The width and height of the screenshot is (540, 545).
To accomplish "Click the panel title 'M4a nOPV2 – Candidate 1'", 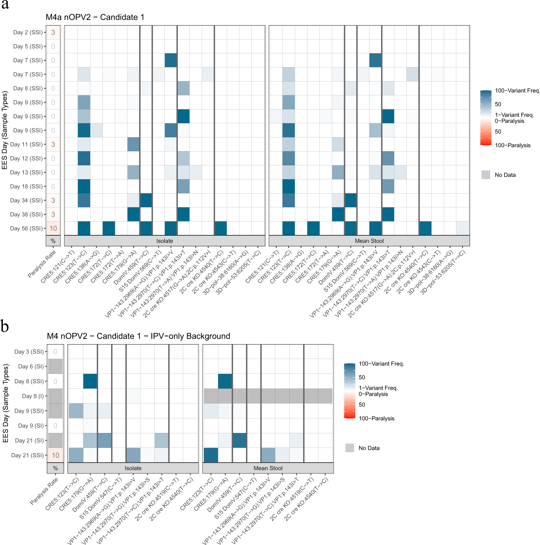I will pyautogui.click(x=95, y=17).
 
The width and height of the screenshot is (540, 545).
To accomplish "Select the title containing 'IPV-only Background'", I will pyautogui.click(x=138, y=336).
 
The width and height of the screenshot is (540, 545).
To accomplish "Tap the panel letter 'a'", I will pyautogui.click(x=5, y=5).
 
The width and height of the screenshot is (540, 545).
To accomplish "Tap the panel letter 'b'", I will pyautogui.click(x=5, y=326).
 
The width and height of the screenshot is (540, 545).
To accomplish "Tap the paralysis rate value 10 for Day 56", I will pyautogui.click(x=53, y=228).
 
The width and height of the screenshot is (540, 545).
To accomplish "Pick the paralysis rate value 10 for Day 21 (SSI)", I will pyautogui.click(x=55, y=455).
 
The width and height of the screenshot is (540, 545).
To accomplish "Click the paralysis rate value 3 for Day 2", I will pyautogui.click(x=53, y=32).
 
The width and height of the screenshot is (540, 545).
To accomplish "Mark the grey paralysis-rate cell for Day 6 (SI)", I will pyautogui.click(x=55, y=366).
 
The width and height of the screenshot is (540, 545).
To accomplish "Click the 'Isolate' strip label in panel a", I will pyautogui.click(x=164, y=241).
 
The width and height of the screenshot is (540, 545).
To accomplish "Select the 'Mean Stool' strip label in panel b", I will pyautogui.click(x=268, y=468).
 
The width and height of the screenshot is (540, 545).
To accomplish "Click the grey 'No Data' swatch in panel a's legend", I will pyautogui.click(x=486, y=175).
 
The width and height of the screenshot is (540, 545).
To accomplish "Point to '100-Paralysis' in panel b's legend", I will pyautogui.click(x=376, y=418).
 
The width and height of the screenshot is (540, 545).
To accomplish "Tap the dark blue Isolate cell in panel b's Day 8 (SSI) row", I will pyautogui.click(x=90, y=381).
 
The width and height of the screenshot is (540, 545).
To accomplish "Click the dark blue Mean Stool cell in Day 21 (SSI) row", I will pyautogui.click(x=211, y=455).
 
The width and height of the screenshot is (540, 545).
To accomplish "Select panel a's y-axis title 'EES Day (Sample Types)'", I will pyautogui.click(x=5, y=130).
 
